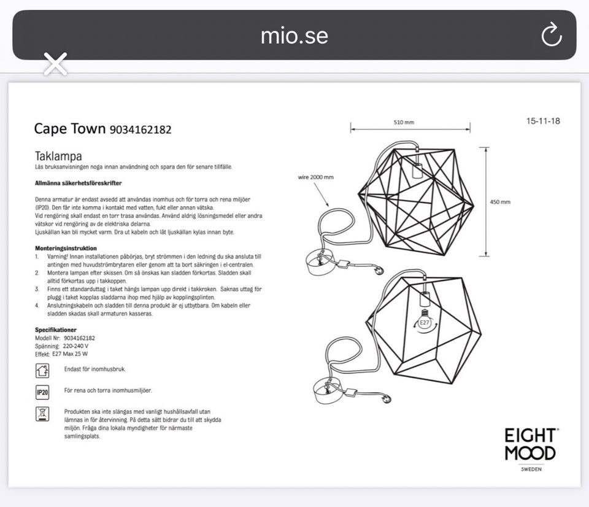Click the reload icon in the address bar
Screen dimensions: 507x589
click(552, 35)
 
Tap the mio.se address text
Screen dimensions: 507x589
click(294, 36)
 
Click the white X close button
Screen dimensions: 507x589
click(55, 64)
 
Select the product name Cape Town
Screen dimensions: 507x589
click(70, 128)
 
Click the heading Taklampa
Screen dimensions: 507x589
click(58, 157)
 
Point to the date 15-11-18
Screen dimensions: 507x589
click(543, 121)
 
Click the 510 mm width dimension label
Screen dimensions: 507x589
click(404, 123)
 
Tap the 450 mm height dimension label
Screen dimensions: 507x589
click(500, 202)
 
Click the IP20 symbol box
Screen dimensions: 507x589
click(42, 392)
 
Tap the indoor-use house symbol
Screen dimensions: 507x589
click(42, 370)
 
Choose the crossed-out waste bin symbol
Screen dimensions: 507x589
click(42, 414)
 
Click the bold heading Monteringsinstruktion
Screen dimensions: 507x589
click(66, 248)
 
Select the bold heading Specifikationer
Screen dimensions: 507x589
click(56, 330)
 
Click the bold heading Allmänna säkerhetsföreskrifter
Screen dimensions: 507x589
click(78, 183)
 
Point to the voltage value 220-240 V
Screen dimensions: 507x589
click(76, 346)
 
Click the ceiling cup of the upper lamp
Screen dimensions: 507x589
click(319, 262)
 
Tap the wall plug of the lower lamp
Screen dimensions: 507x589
click(386, 400)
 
